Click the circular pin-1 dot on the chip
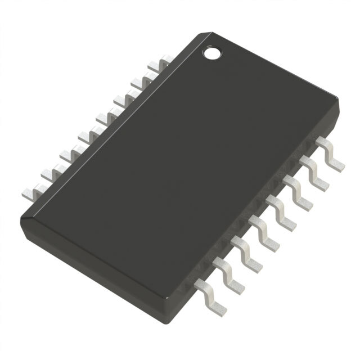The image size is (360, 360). coord(211,53)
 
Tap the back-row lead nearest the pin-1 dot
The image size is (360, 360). coord(163,60)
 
